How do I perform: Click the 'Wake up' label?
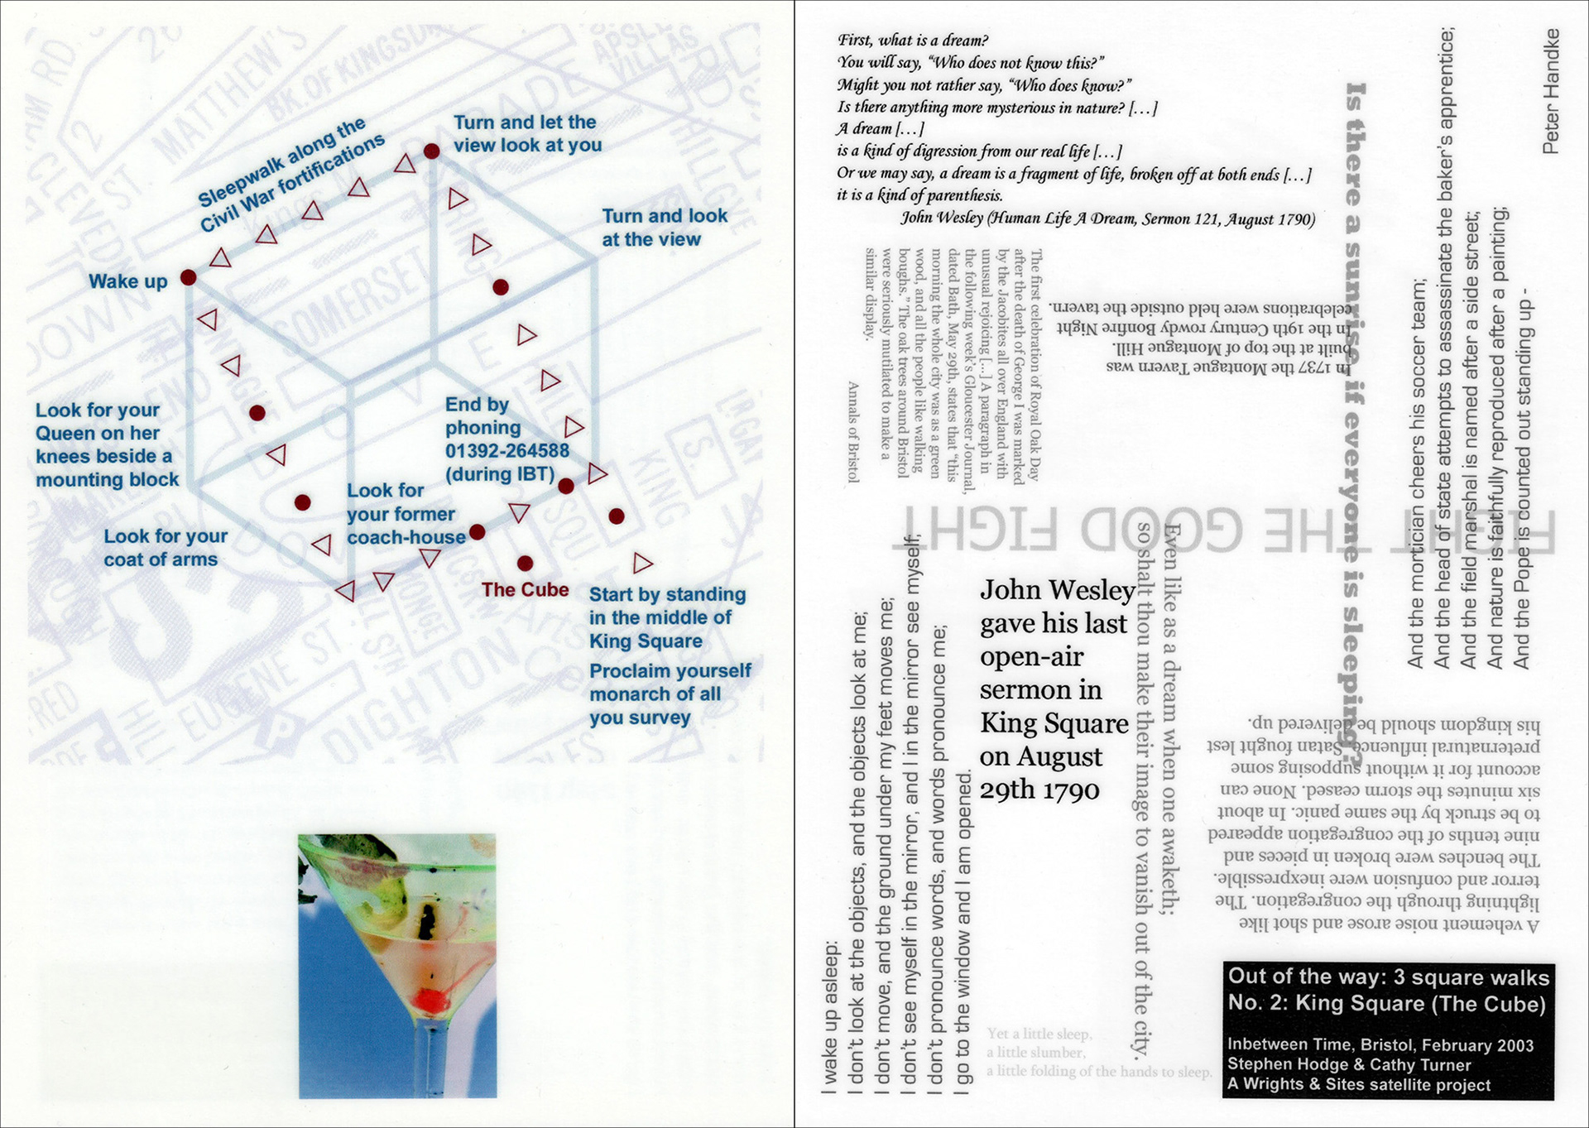point(127,281)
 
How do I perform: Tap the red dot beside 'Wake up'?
point(189,277)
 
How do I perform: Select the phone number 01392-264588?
point(506,451)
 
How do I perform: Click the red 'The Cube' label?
point(525,590)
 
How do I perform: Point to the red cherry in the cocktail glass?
point(430,1000)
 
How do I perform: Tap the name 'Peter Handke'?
point(1551,91)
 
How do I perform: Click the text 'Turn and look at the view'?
point(664,228)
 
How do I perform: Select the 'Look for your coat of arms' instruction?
point(165,548)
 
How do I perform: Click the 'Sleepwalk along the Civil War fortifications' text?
point(290,175)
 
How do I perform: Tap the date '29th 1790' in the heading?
point(1039,790)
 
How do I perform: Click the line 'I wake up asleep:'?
point(830,1017)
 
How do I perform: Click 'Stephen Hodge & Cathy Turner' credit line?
point(1349,1065)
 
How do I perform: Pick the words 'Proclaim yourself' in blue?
point(670,670)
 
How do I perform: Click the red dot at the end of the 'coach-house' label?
point(478,532)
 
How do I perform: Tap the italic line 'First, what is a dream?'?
point(913,41)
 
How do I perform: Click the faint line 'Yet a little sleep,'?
point(1039,1034)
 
